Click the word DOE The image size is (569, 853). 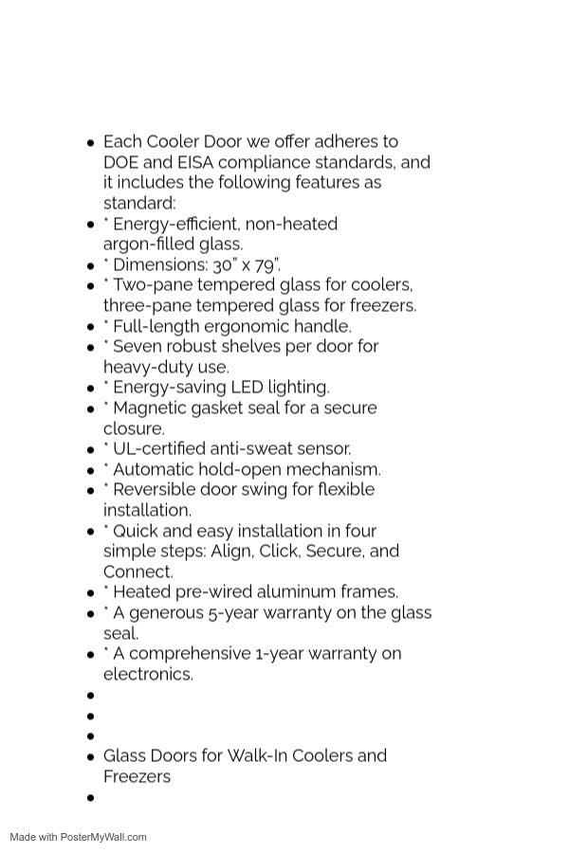coord(121,162)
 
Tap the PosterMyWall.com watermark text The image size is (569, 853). coord(103,837)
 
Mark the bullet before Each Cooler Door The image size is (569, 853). coord(91,143)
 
